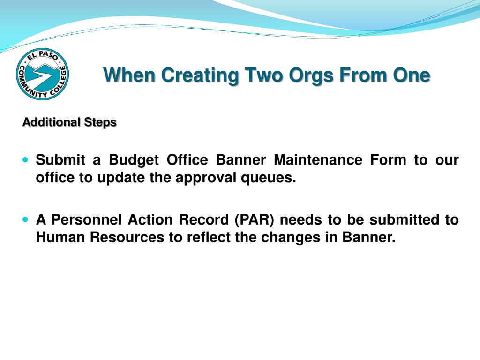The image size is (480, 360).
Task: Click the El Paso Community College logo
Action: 42,74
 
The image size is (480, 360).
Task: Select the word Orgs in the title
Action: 311,76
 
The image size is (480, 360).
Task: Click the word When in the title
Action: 129,75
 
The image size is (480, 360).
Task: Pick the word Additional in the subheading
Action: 52,122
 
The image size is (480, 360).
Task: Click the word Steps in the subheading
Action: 101,122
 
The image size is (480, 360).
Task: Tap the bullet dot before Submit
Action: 25,159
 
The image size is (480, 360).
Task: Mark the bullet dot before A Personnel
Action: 25,219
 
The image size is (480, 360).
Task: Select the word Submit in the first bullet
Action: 60,159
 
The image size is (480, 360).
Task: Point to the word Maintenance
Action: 318,159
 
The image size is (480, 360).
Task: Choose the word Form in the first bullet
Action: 388,159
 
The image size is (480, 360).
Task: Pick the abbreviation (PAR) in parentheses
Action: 255,220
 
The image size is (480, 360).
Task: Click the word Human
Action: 60,237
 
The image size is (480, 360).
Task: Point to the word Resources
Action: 127,237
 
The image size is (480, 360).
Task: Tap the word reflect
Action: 209,237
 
